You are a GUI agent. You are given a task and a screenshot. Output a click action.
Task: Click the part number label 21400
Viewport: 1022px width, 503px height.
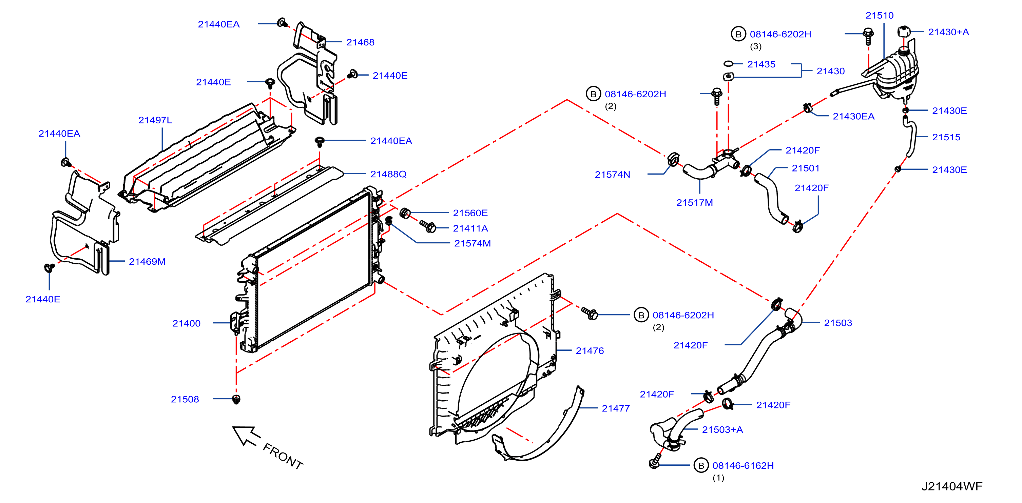click(186, 323)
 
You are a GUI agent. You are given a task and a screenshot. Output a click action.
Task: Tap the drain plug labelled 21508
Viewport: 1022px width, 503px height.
click(236, 399)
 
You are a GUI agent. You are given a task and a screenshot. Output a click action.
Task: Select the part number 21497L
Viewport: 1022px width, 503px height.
click(155, 120)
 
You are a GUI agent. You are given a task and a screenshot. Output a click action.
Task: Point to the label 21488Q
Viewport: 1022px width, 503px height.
click(388, 174)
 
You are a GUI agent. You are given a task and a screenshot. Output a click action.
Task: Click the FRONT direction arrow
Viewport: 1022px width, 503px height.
click(246, 436)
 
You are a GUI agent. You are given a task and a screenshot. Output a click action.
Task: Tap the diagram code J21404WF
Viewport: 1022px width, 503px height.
click(952, 486)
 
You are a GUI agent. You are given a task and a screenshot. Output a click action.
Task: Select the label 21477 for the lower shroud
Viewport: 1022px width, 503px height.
click(616, 408)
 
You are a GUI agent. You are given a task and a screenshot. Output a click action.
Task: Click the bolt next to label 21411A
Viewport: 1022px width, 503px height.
click(428, 226)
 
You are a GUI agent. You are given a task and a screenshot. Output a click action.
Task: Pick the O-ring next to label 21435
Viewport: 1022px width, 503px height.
click(728, 63)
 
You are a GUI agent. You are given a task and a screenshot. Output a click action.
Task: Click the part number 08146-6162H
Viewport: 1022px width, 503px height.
click(743, 465)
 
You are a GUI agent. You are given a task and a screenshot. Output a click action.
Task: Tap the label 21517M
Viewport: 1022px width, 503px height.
click(694, 203)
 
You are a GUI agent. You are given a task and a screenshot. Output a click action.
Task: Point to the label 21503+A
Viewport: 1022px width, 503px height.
click(722, 430)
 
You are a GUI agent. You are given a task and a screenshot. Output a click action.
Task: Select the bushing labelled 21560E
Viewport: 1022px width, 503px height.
click(405, 213)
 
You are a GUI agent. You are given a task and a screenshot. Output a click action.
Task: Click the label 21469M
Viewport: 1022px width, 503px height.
click(147, 262)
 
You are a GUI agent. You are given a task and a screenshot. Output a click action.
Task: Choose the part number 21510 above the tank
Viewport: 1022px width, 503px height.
click(880, 16)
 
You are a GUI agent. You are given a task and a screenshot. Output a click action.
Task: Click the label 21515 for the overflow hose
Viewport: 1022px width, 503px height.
click(946, 137)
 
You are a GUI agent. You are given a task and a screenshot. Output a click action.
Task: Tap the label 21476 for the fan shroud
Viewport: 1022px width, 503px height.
click(590, 351)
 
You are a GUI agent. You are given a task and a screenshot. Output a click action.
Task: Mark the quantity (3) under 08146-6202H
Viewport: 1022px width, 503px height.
click(755, 46)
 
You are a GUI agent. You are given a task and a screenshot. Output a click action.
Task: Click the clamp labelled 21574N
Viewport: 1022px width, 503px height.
click(673, 159)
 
